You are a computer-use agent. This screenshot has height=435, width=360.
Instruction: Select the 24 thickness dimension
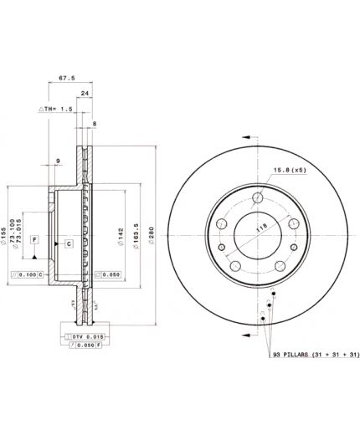tap(85, 95)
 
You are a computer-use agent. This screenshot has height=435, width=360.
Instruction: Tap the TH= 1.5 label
tap(54, 110)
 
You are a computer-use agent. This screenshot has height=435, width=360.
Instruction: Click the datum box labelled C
tap(69, 243)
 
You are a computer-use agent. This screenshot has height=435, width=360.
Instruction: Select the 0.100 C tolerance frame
tap(33, 274)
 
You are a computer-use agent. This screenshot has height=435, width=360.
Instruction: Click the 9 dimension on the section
tap(58, 162)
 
